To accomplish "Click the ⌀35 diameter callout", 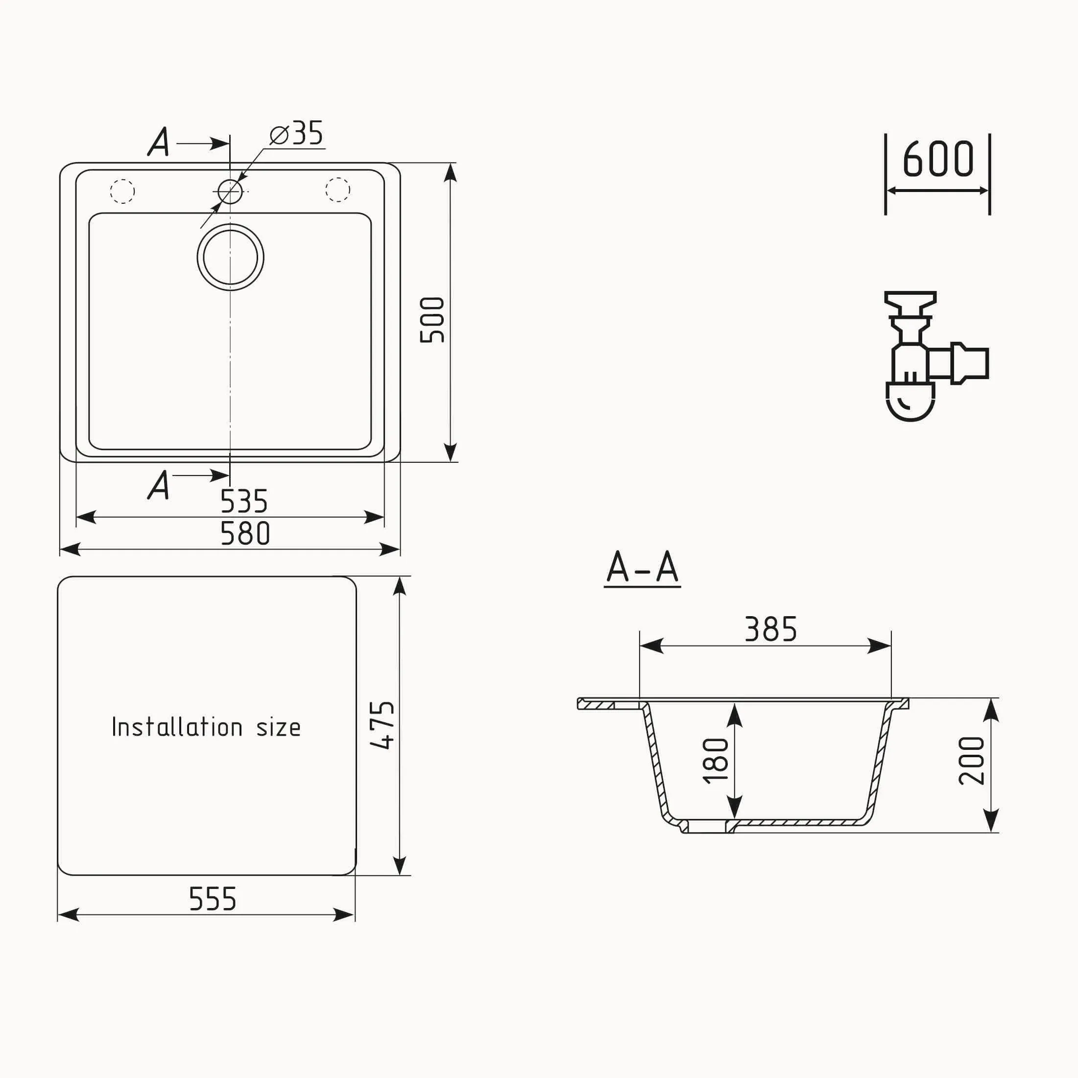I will tap(296, 134).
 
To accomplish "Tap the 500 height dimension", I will tap(432, 320).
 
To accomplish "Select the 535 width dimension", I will tap(244, 501).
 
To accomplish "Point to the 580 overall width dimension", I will tap(245, 533).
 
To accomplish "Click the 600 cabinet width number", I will tap(938, 160).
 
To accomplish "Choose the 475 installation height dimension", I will tap(383, 725).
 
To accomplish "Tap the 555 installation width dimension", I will tap(213, 899).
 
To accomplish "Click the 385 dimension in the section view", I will tap(770, 629).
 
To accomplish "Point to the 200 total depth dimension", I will tap(971, 761).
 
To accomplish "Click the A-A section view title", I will tap(642, 568).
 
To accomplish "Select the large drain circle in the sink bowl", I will tap(231, 257).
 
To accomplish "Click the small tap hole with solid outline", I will tap(230, 192).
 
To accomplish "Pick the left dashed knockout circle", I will tap(122, 192).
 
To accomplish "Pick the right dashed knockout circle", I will tap(337, 190).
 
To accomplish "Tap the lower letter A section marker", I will tap(159, 485).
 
